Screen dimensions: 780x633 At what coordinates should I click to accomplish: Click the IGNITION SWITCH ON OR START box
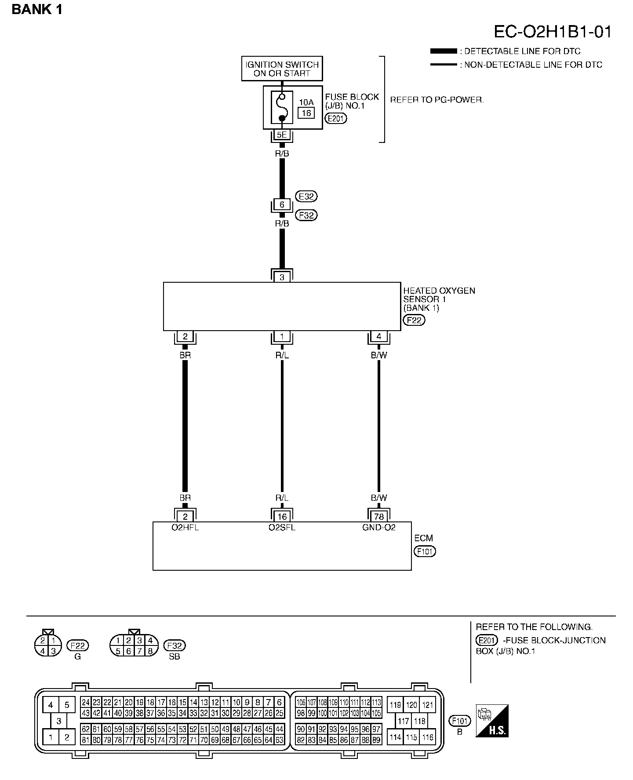[x=282, y=69]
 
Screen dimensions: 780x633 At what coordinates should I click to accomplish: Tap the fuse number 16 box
[x=306, y=113]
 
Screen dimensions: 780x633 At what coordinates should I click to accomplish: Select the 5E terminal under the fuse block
[x=282, y=135]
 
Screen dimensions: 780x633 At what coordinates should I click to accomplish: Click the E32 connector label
[x=306, y=196]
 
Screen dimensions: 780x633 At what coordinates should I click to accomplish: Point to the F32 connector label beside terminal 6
[x=306, y=215]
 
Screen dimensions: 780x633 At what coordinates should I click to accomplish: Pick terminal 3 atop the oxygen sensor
[x=282, y=277]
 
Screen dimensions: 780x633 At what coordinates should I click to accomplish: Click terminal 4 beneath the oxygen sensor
[x=379, y=337]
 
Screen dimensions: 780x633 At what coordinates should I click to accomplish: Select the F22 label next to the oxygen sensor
[x=414, y=320]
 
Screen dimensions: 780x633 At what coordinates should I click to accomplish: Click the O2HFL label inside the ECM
[x=185, y=527]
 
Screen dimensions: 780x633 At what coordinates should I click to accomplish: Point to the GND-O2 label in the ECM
[x=379, y=527]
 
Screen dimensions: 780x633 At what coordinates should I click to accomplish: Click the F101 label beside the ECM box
[x=425, y=551]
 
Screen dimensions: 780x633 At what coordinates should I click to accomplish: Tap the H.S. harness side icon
[x=492, y=721]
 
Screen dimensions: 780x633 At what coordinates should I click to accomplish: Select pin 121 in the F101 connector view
[x=427, y=705]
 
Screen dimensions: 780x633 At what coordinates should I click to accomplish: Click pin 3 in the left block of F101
[x=58, y=721]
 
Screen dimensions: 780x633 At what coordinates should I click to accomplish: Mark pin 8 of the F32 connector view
[x=150, y=651]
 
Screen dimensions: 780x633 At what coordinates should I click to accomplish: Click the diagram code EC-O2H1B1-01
[x=553, y=32]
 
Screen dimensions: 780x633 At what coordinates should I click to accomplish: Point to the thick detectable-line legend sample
[x=444, y=51]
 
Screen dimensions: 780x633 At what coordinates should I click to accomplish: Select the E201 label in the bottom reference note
[x=487, y=641]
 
